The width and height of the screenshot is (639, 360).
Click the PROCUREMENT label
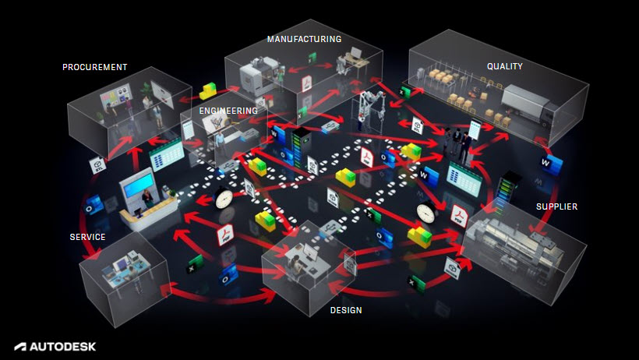pos(94,67)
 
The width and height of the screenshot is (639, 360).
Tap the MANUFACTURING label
pos(304,38)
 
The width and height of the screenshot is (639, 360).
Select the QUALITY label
pos(504,67)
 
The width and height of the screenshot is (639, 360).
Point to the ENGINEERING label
pos(228,111)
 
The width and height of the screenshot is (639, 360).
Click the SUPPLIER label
pos(556,206)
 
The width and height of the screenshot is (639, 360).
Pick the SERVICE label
pos(87,237)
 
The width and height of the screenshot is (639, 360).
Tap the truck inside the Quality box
pos(528,104)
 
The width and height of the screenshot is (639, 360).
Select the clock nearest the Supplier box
pos(425,212)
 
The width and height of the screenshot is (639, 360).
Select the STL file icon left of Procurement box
pos(98,165)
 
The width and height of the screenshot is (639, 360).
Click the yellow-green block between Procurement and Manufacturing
pos(209,90)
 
